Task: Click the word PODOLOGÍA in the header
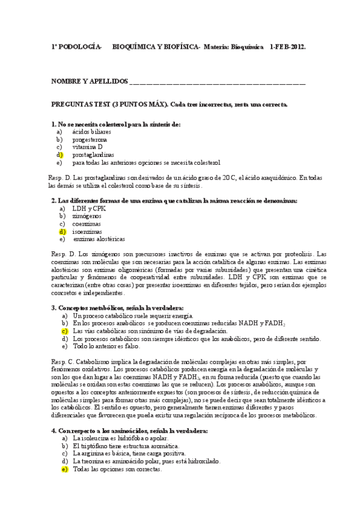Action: (x=79, y=46)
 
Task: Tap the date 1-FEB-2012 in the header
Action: (x=288, y=46)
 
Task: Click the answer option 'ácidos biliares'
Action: (x=92, y=131)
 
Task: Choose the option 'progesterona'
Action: (x=90, y=139)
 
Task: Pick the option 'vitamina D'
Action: (x=88, y=147)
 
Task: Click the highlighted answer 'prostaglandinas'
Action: (x=93, y=155)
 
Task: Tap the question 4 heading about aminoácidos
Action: (x=129, y=431)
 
